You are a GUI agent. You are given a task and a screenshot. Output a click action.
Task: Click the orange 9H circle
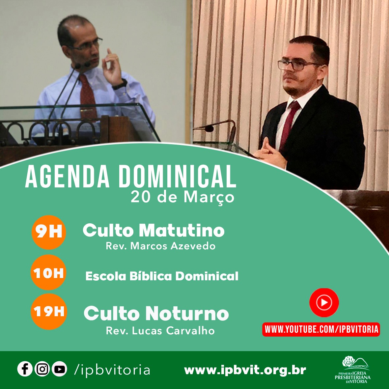[49, 232]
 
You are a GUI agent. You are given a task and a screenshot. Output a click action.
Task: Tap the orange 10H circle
[49, 272]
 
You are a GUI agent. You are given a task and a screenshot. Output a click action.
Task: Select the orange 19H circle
[49, 312]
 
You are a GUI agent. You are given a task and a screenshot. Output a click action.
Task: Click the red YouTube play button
[324, 302]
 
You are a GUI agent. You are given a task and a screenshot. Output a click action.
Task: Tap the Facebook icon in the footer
[25, 369]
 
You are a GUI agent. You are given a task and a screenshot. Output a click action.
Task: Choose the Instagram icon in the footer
[42, 369]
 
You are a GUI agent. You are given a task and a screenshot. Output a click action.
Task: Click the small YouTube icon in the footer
[59, 369]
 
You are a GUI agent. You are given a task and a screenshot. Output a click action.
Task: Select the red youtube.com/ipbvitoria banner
[321, 329]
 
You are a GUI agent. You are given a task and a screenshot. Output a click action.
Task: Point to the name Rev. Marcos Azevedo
[160, 246]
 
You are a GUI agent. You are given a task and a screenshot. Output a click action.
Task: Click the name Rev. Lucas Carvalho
[160, 330]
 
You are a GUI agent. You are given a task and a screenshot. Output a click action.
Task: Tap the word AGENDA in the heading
[67, 177]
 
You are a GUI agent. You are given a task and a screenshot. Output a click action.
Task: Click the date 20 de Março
[182, 197]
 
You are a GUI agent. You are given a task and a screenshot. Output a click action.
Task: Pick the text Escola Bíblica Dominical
[162, 276]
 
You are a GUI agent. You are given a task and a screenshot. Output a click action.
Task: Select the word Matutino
[181, 231]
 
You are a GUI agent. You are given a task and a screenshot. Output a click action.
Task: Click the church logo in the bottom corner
[353, 370]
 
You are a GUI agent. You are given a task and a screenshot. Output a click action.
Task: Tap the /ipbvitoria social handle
[112, 370]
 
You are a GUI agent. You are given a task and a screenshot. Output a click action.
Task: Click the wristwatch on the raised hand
[120, 85]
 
